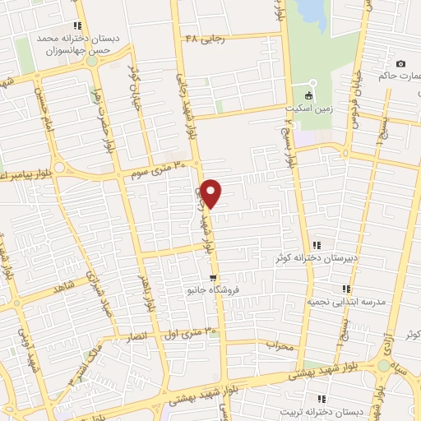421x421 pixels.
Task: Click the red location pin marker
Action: [212, 192]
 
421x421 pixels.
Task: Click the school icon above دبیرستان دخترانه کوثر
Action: [317, 245]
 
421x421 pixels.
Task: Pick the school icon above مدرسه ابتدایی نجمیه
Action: [346, 289]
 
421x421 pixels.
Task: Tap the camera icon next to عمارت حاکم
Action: [400, 64]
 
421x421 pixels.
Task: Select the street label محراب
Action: [280, 346]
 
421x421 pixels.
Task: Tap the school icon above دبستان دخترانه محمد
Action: [78, 25]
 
